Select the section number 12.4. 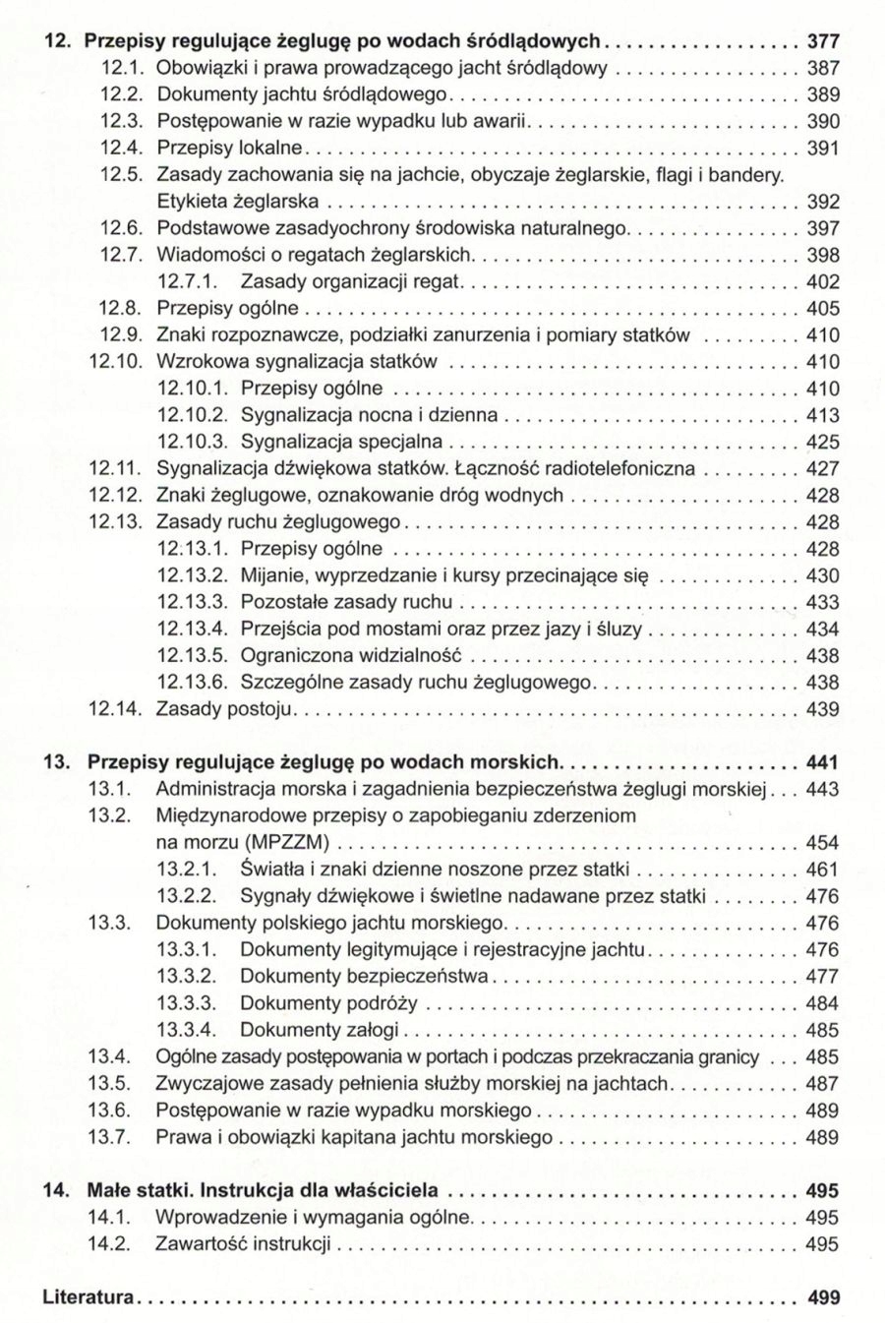123,149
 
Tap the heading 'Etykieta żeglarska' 237,203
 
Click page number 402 823,282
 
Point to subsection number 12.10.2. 192,415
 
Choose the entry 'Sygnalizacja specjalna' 341,442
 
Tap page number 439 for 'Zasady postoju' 823,709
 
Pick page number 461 823,870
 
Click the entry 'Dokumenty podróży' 328,1003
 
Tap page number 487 823,1084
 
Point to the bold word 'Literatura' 88,1297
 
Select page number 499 823,1297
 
